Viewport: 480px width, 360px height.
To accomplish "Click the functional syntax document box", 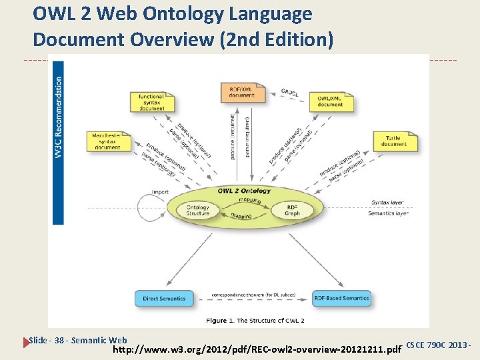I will [x=152, y=102].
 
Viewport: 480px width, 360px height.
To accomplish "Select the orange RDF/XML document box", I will [x=242, y=92].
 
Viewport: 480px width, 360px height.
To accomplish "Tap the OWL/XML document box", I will [x=330, y=101].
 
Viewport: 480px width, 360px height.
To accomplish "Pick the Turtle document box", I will [x=394, y=141].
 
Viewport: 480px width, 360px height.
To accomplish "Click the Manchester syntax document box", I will [x=107, y=141].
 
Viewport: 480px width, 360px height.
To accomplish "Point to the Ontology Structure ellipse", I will [x=197, y=209].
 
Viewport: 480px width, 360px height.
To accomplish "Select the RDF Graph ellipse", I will [x=292, y=210].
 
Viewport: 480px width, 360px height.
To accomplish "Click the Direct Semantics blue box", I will [x=164, y=298].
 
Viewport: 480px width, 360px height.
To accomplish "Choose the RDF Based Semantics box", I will [x=342, y=298].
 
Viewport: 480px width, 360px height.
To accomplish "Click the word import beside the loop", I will [x=159, y=192].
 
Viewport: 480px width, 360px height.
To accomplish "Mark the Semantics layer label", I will [x=388, y=213].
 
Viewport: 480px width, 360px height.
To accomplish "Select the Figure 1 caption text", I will [x=255, y=321].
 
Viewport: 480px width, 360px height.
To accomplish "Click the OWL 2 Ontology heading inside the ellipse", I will [x=244, y=191].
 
